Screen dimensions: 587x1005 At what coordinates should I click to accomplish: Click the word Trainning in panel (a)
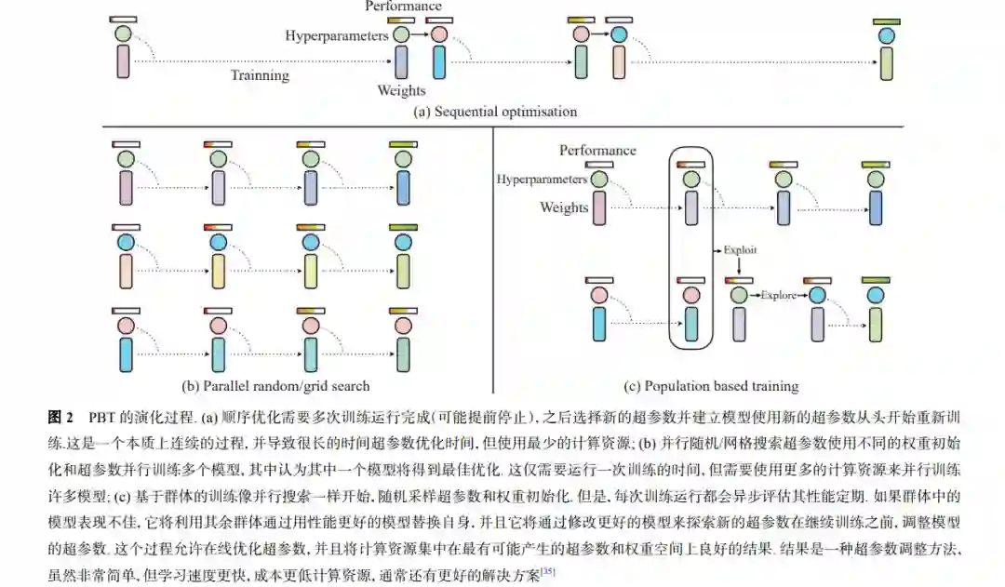(260, 75)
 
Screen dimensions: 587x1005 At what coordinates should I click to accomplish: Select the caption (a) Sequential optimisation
(495, 112)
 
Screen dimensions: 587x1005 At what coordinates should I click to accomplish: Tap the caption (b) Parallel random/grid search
(275, 385)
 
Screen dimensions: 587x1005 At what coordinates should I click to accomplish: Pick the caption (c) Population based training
(711, 385)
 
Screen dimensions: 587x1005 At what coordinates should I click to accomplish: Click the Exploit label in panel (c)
(742, 250)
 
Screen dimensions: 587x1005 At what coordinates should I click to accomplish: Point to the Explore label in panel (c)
(778, 296)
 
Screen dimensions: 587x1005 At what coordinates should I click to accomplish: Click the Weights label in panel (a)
(401, 90)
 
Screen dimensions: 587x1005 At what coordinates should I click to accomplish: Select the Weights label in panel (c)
(564, 207)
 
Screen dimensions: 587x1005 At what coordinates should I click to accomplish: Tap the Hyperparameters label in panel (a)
(336, 35)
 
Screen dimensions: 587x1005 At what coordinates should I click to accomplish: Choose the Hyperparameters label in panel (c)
(542, 179)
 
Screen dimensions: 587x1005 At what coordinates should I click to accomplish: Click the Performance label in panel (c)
(597, 150)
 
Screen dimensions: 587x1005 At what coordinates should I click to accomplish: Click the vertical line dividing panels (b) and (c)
(492, 260)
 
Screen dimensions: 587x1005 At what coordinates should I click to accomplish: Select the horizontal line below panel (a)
(502, 127)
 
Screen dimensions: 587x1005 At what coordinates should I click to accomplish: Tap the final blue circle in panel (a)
(887, 34)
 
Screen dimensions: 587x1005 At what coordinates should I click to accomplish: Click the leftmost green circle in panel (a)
(123, 34)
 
